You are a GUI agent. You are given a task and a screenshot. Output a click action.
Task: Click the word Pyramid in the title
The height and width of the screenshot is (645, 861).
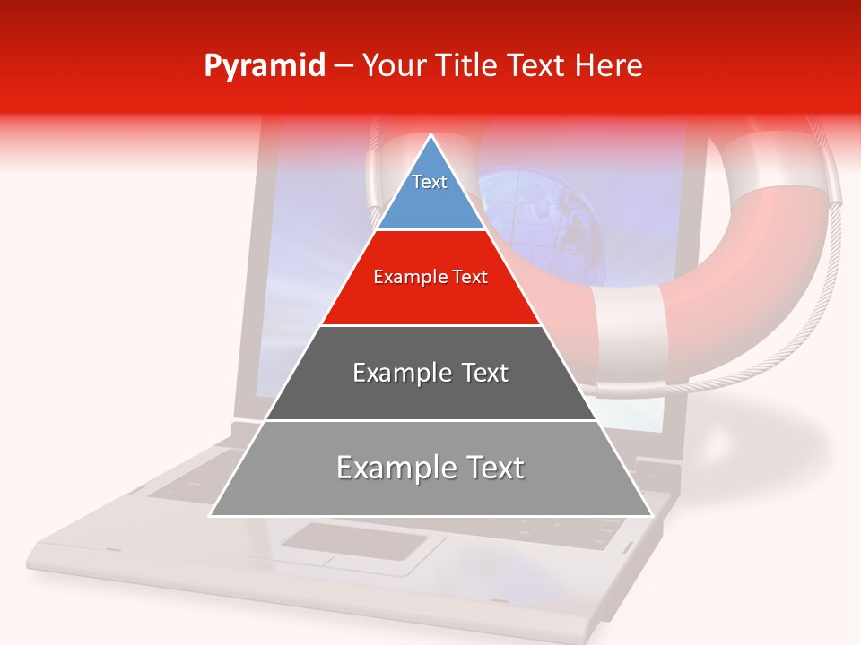[x=264, y=66]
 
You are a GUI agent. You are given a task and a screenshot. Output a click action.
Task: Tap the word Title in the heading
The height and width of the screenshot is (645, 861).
[x=466, y=65]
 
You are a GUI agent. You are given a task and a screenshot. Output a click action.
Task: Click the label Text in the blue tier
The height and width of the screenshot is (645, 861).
[x=430, y=182]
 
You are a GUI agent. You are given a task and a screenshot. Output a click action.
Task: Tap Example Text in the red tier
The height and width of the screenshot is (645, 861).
[x=430, y=277]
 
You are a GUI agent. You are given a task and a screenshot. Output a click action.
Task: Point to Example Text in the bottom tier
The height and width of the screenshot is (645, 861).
[x=430, y=467]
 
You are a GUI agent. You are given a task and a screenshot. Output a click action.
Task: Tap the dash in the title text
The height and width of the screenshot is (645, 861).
[x=343, y=66]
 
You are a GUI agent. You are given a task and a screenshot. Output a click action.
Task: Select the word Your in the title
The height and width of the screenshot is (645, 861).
[x=393, y=65]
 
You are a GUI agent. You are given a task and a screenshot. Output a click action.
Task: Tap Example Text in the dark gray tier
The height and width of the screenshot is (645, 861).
[x=430, y=372]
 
